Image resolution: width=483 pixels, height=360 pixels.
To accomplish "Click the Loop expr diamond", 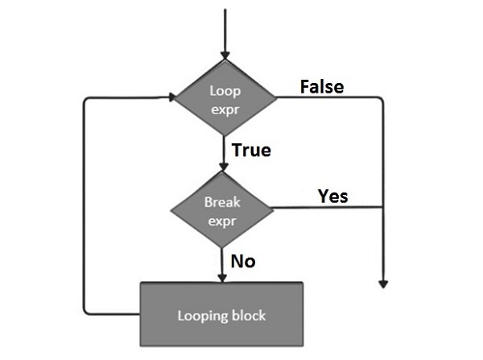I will (225, 99).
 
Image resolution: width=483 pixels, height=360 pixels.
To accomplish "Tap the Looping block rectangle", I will (221, 313).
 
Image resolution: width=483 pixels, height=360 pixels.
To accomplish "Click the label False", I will (322, 86).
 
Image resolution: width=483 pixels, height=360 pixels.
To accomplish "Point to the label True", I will (250, 150).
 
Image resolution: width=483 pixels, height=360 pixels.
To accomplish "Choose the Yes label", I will (332, 196).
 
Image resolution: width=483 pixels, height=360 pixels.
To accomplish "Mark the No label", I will (243, 261).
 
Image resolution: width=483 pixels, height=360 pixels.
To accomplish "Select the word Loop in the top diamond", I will (225, 91).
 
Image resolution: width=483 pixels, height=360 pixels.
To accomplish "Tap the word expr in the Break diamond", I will (222, 220).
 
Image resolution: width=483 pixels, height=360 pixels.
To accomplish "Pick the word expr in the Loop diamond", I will (225, 108).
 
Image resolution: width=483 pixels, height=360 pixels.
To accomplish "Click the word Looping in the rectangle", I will (203, 314).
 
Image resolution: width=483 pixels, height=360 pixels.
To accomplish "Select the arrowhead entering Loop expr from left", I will (171, 98).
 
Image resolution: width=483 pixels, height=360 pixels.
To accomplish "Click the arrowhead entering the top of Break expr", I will (223, 167).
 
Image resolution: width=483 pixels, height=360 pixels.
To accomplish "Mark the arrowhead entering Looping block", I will (223, 277).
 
